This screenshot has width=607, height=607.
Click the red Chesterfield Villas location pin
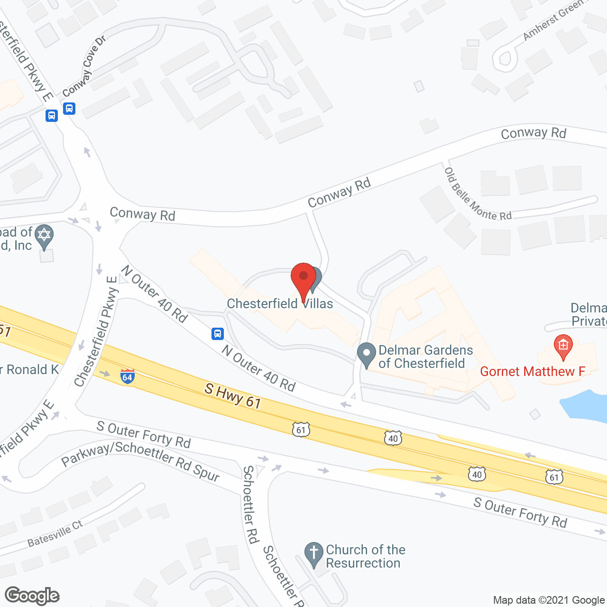(x=303, y=280)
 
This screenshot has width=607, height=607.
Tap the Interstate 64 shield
(x=127, y=376)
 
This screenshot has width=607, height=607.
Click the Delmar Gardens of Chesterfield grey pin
(x=366, y=355)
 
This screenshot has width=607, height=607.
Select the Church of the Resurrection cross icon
(x=313, y=554)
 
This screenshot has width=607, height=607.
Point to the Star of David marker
(x=44, y=236)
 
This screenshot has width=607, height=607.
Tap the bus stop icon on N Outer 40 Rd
(x=218, y=334)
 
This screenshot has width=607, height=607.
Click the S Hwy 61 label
(x=233, y=396)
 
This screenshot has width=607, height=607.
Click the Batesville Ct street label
(x=55, y=533)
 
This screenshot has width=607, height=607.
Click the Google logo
(x=32, y=596)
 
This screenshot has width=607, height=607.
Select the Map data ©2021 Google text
(x=549, y=600)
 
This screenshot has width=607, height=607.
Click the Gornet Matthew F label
(x=533, y=371)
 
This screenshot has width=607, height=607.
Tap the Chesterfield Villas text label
(x=280, y=303)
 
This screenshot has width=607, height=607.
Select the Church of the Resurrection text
(x=365, y=556)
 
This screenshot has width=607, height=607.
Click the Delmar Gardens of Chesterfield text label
(x=425, y=357)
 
